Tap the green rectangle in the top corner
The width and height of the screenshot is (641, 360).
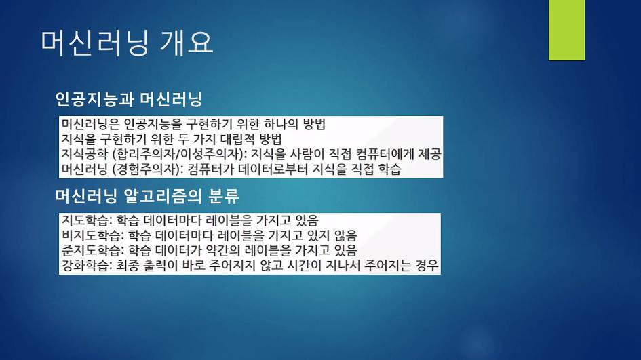point(566,30)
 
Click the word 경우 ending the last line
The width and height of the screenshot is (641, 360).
point(427,265)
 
